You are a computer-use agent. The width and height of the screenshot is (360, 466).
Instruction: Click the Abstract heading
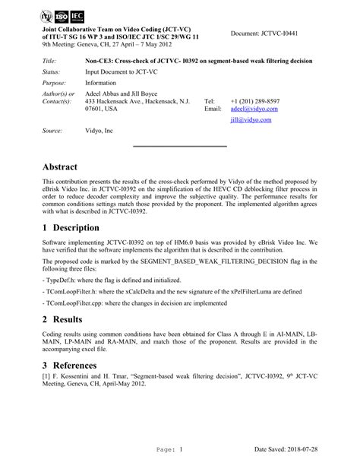pos(68,165)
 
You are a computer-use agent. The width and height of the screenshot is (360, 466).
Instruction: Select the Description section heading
pos(78,229)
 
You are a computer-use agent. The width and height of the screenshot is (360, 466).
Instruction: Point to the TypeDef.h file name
pos(62,281)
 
